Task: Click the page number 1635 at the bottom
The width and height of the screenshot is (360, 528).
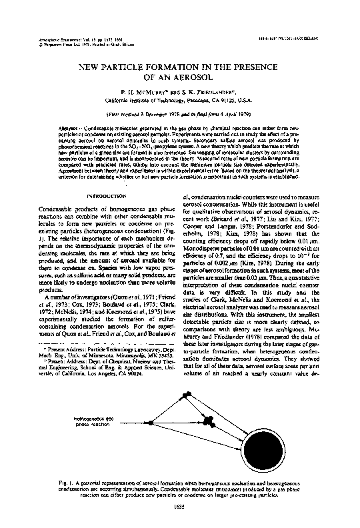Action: [179, 507]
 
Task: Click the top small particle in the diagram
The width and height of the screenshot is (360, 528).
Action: [185, 396]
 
